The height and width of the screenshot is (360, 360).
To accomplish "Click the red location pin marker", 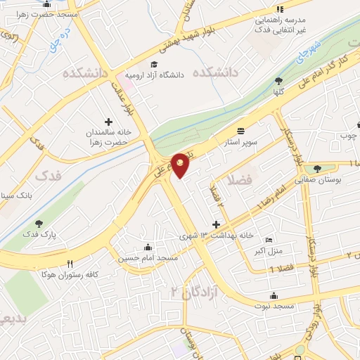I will [181, 166].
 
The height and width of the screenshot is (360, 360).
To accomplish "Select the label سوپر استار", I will [241, 142].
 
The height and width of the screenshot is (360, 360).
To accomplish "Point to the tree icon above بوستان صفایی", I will [318, 168].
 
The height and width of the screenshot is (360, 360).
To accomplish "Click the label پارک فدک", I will [39, 233].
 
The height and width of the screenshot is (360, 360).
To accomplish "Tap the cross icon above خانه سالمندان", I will [108, 122].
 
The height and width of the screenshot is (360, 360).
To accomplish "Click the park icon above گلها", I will [278, 81].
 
